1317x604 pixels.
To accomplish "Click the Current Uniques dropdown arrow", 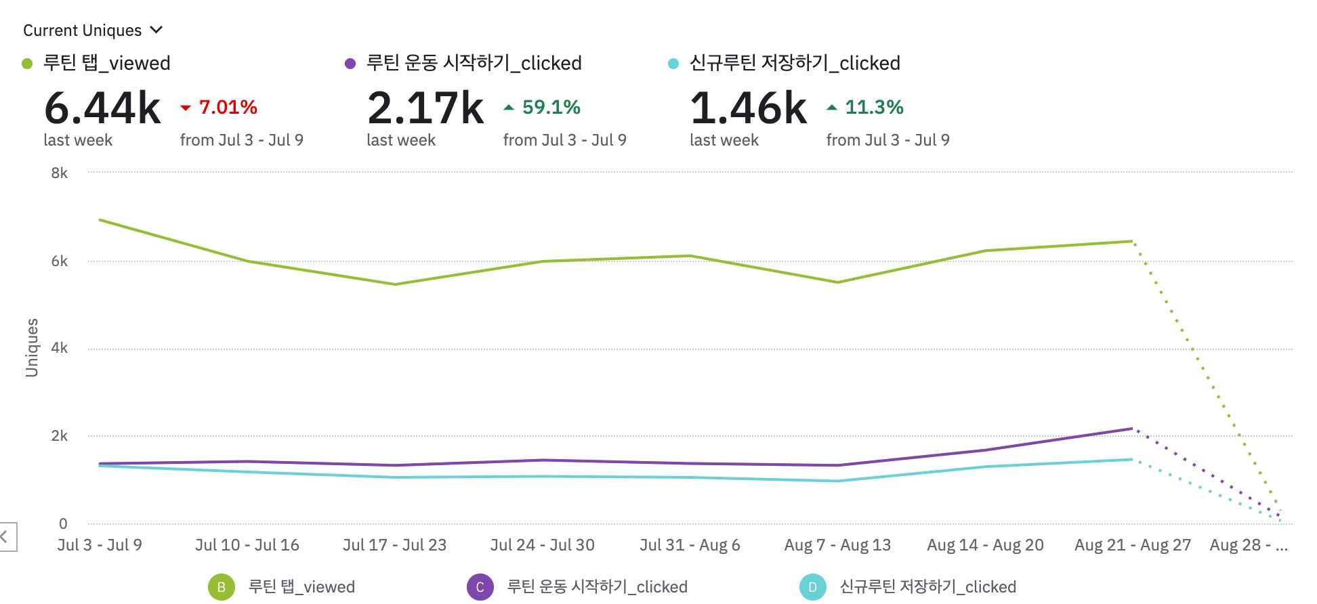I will tap(156, 30).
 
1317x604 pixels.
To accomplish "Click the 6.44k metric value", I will tap(102, 108).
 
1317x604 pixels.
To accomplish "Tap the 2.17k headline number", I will tap(425, 108).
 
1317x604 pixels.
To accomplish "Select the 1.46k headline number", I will tap(749, 108).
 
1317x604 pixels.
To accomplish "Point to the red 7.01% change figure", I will tap(228, 107).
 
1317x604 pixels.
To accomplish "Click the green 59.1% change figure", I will tap(551, 107).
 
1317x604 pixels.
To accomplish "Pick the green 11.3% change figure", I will tap(874, 107).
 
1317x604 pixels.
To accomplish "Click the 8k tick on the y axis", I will tap(60, 173).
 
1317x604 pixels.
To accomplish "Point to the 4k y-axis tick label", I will tap(60, 348).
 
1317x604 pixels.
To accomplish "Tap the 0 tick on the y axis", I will tap(63, 523).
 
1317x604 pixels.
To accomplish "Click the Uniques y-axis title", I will tap(32, 347).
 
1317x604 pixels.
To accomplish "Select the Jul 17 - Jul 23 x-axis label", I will tap(394, 545).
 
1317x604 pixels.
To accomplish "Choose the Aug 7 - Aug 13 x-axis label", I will tap(837, 545).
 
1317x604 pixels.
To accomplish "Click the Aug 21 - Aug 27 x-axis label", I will tap(1132, 545).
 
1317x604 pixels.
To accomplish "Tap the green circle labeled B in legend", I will tap(222, 587).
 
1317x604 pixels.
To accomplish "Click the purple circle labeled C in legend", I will tap(480, 587).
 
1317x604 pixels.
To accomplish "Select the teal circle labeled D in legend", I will tap(812, 587).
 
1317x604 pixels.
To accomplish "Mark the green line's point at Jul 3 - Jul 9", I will tap(100, 220).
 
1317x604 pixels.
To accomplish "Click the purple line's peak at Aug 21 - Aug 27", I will tap(1132, 429).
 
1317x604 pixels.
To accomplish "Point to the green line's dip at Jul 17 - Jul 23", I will tap(395, 284).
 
